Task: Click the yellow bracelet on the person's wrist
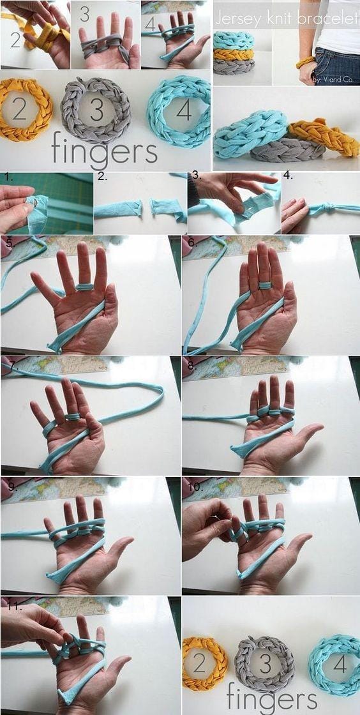(x=305, y=62)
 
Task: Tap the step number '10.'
(x=194, y=486)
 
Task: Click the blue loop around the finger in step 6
(x=266, y=285)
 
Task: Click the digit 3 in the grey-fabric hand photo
(x=85, y=13)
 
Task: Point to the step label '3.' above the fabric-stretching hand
(x=197, y=175)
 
